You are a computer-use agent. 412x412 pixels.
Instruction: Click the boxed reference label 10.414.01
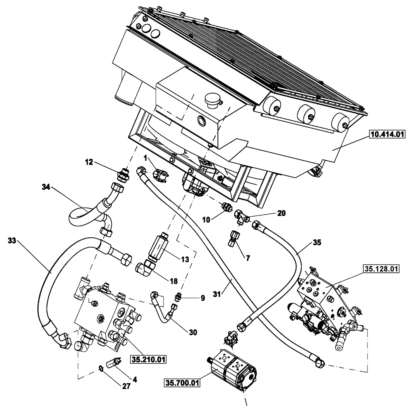click(388, 134)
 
